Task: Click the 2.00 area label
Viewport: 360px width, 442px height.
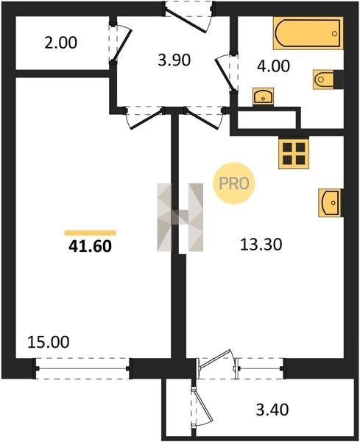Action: tap(61, 43)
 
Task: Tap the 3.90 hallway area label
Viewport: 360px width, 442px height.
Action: tap(174, 60)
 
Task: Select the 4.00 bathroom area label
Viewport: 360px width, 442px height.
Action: tap(273, 66)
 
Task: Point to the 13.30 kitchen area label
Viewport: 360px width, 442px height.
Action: tap(261, 245)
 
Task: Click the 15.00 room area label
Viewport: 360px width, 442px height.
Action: tap(49, 342)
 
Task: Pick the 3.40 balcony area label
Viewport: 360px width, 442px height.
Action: tap(272, 410)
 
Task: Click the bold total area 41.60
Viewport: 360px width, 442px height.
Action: tap(90, 246)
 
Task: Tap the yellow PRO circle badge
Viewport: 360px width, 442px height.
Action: tap(234, 183)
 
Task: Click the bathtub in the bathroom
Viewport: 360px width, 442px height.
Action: tap(308, 33)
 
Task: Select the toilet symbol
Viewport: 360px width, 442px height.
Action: tap(323, 80)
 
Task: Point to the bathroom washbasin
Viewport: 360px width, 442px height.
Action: tap(264, 97)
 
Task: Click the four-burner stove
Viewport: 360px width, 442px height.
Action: tap(294, 154)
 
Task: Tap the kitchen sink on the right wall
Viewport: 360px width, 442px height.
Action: tap(330, 203)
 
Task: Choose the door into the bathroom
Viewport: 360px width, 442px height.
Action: tap(225, 73)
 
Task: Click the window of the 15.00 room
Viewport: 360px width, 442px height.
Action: tap(82, 368)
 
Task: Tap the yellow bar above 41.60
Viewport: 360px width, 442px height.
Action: tap(91, 233)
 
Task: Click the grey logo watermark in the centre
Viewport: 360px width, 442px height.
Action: tap(180, 217)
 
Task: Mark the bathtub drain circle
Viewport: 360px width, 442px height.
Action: tap(334, 34)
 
